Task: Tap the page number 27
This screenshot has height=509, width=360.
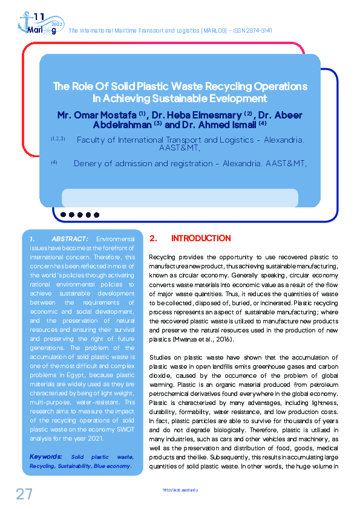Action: click(x=24, y=494)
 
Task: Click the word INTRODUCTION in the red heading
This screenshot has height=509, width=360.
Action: click(x=201, y=239)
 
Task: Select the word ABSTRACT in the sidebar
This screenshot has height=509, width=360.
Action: click(x=71, y=240)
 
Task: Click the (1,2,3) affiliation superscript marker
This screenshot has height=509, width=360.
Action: click(x=58, y=138)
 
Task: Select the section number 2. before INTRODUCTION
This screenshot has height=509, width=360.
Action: click(x=154, y=239)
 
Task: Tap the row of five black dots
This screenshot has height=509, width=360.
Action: click(x=79, y=214)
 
